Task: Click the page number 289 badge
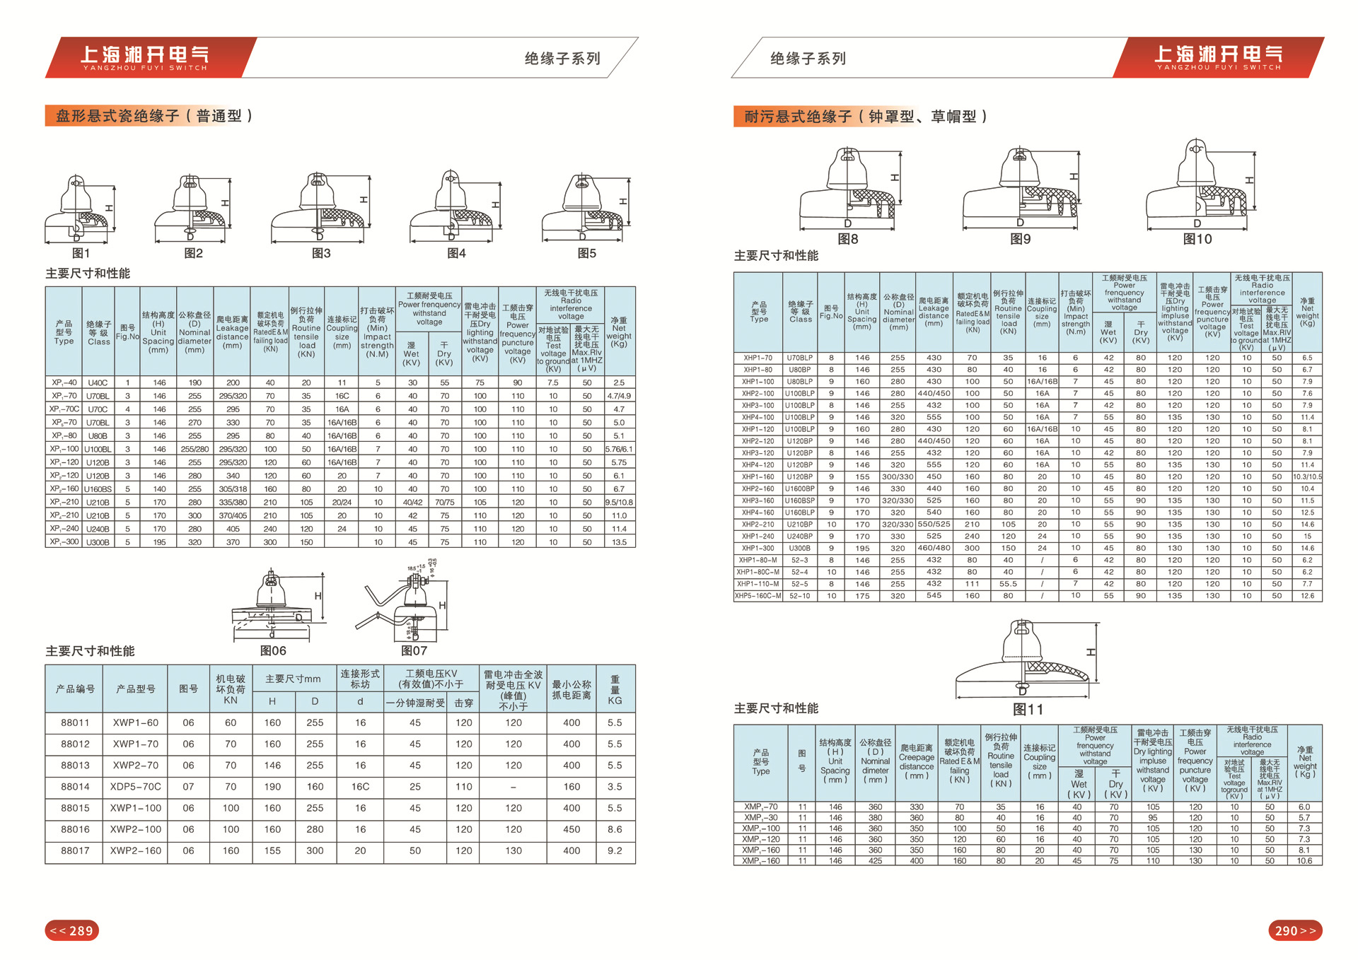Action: (x=72, y=930)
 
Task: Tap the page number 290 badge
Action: (x=1295, y=930)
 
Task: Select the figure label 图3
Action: (x=321, y=253)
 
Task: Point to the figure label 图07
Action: (x=414, y=650)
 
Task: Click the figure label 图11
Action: (x=1028, y=709)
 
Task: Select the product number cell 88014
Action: (x=75, y=787)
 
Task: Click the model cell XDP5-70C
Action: (x=135, y=787)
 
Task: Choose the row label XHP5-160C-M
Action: (x=758, y=596)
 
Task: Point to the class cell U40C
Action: (x=98, y=382)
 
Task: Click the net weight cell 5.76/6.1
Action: (x=619, y=449)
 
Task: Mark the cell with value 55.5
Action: (x=1008, y=584)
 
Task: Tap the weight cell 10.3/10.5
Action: (x=1307, y=476)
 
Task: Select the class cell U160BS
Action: (x=98, y=489)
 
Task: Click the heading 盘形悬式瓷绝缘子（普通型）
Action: (x=153, y=116)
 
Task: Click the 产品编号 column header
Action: (x=75, y=689)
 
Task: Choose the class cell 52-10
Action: (x=800, y=596)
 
